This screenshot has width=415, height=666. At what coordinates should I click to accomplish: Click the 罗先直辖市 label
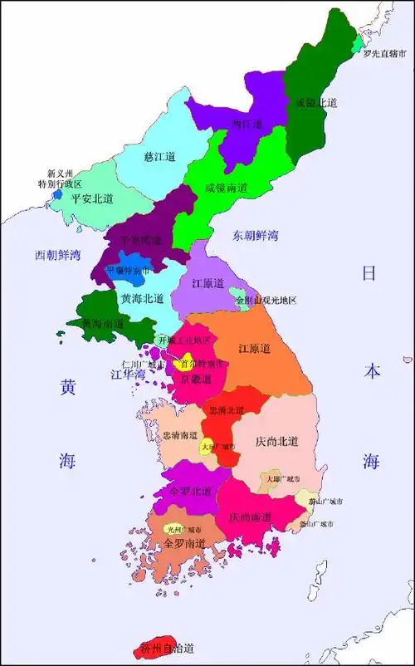point(384,54)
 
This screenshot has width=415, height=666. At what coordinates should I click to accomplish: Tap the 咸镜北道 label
point(316,103)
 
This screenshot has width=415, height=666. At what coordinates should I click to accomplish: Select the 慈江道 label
point(159,156)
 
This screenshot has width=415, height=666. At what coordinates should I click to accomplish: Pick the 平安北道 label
point(92,199)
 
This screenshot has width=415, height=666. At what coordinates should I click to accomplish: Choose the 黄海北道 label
point(142,298)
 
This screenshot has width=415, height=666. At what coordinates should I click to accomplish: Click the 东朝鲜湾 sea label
point(255,235)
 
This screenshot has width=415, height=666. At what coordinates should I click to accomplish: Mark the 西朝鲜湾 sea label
point(58,254)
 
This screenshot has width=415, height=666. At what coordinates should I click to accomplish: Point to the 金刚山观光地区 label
point(266,300)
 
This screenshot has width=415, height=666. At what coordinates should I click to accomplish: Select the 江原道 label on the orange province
point(254,349)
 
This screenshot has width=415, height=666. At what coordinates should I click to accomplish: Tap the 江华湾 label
point(128,375)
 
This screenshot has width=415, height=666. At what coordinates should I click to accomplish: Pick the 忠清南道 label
point(179,434)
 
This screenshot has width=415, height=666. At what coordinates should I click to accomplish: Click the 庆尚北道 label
point(276,441)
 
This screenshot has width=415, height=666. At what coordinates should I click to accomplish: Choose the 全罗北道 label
point(189,491)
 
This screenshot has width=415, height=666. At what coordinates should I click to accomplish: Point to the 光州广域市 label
point(183,529)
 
